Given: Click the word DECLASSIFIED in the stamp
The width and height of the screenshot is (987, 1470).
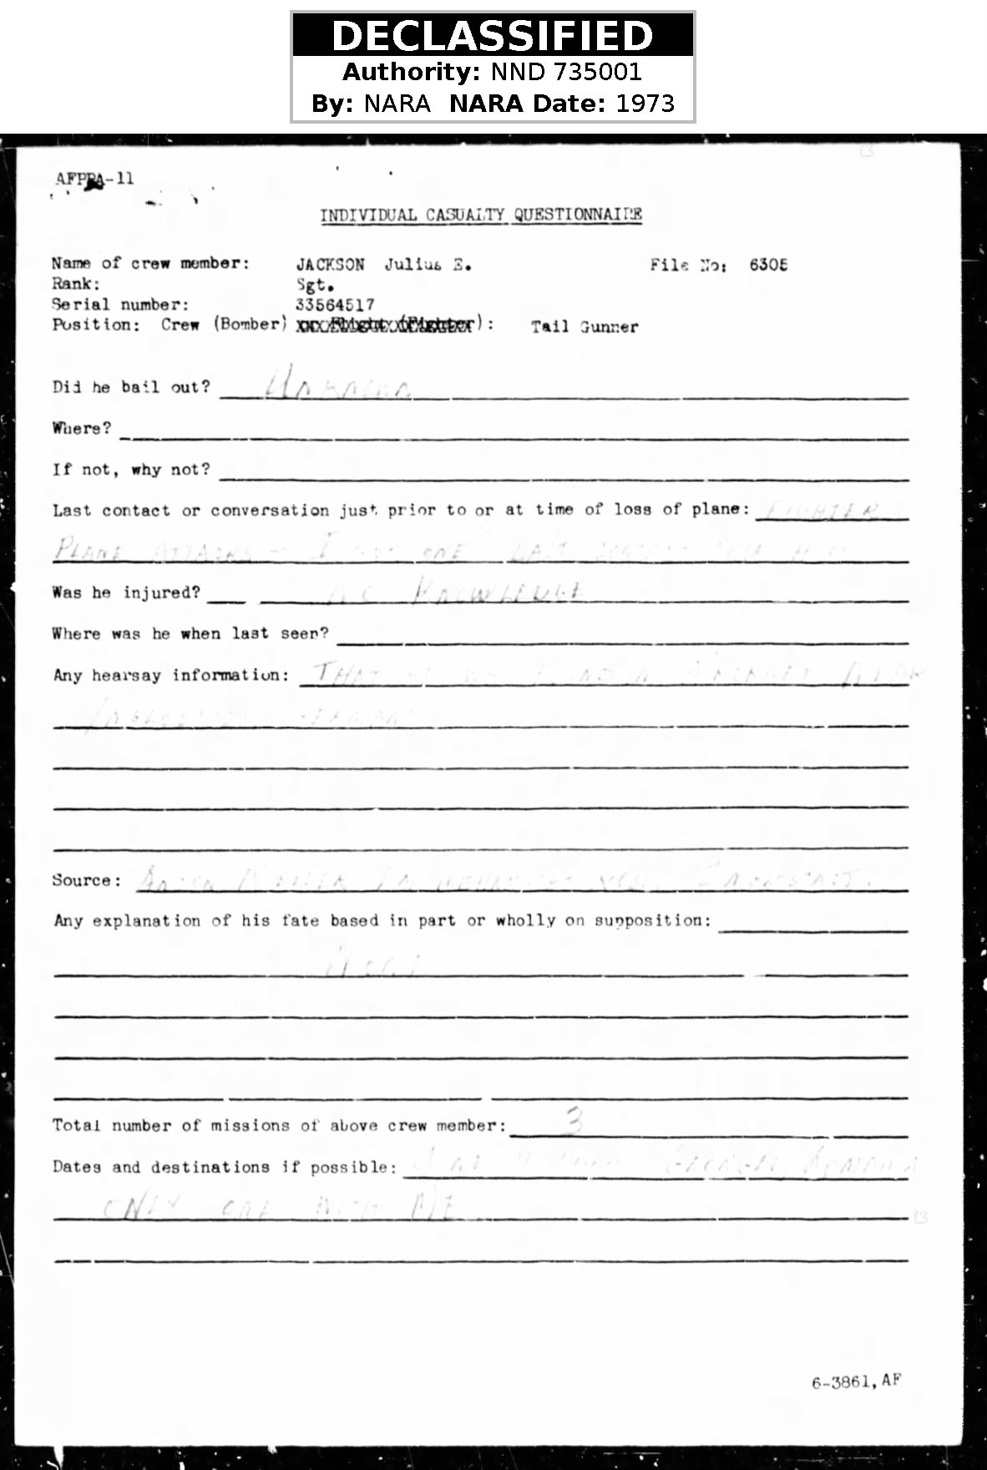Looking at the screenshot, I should tap(493, 36).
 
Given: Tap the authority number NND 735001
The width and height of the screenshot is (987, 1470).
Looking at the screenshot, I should tap(565, 72).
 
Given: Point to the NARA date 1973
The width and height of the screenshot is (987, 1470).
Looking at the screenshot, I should tap(645, 104).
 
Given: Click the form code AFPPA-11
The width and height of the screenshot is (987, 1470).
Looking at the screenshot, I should tap(94, 179).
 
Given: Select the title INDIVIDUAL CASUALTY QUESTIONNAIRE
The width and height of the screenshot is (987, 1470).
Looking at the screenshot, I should tap(481, 215).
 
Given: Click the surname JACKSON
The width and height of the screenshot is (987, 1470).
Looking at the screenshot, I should tap(331, 265).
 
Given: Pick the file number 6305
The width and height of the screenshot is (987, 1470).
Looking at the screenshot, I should tap(767, 265).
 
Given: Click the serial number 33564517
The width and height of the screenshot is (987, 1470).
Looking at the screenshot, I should tap(335, 305).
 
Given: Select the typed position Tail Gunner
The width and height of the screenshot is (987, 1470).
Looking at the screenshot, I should tap(585, 327).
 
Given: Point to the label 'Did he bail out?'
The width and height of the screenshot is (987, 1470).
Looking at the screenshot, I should tap(131, 387).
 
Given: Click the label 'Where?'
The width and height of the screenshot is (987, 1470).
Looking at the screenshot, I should tap(81, 428).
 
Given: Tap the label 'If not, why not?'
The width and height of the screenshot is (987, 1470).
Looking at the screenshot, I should tap(131, 469).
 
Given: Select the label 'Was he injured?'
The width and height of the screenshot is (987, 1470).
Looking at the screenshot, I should tap(126, 592).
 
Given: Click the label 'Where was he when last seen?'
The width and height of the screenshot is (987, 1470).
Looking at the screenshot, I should tap(190, 634).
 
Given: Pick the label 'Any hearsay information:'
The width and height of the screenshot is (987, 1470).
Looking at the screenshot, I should tap(171, 675).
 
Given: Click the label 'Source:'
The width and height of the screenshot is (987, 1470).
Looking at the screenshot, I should tap(86, 880).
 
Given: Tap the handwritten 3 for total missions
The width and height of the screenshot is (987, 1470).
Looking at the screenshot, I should tap(574, 1120).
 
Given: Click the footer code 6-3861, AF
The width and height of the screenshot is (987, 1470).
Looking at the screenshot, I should tap(856, 1381).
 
